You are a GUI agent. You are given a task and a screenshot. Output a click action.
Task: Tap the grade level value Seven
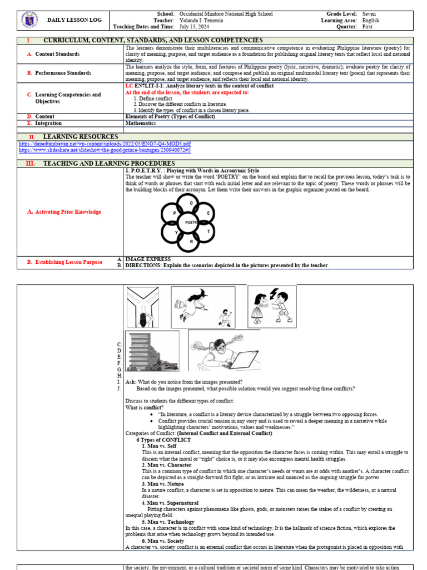coord(369,13)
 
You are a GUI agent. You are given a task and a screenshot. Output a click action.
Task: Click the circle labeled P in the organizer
coord(175,213)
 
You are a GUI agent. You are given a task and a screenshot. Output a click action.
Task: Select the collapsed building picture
coord(152,351)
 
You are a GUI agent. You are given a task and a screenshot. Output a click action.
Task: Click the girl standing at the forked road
coord(143,318)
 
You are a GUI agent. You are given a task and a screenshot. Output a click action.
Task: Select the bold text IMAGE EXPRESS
coord(148,259)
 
